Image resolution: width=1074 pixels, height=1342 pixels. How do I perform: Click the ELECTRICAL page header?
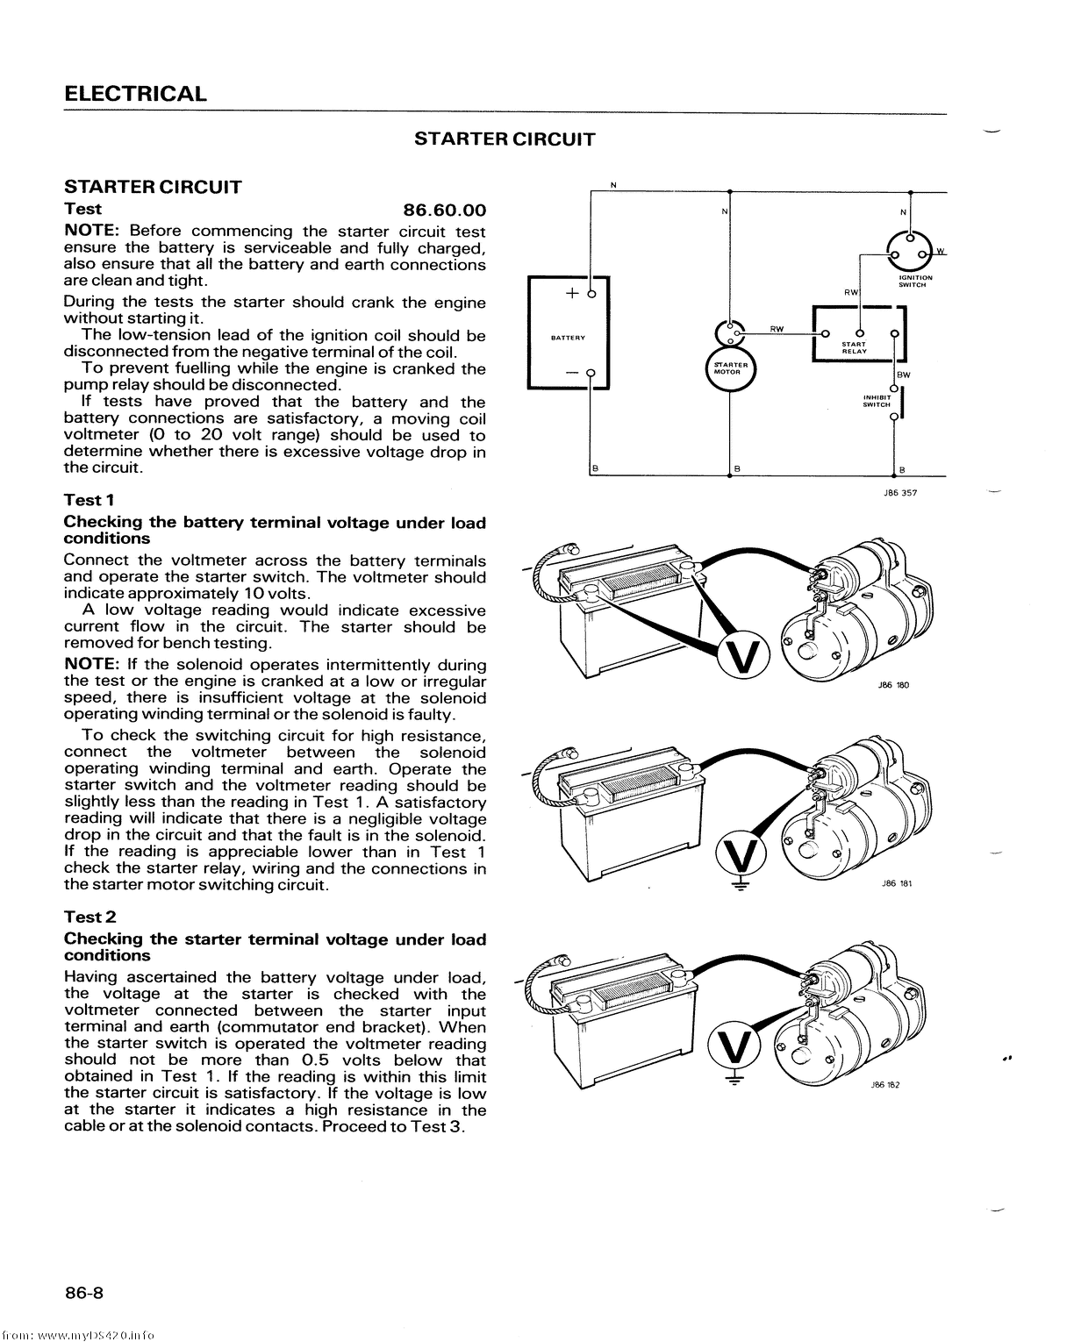[136, 94]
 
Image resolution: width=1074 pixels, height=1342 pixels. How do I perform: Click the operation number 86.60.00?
[444, 211]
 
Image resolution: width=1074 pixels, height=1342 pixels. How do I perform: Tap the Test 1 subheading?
[89, 500]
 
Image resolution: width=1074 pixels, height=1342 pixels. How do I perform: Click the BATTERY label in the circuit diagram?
[568, 337]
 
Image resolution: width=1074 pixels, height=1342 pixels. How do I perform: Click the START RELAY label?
[854, 347]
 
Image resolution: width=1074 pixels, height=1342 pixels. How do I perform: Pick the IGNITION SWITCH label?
[915, 281]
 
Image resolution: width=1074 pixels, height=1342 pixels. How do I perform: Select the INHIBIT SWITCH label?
[877, 401]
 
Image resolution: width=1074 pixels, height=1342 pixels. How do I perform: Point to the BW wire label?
[905, 375]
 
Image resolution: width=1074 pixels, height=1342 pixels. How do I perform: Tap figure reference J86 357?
[901, 493]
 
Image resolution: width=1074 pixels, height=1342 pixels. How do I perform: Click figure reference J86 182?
[885, 1085]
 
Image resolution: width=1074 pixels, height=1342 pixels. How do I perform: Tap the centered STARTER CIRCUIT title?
[505, 139]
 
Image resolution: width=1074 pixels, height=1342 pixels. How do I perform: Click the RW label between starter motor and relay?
[777, 328]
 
